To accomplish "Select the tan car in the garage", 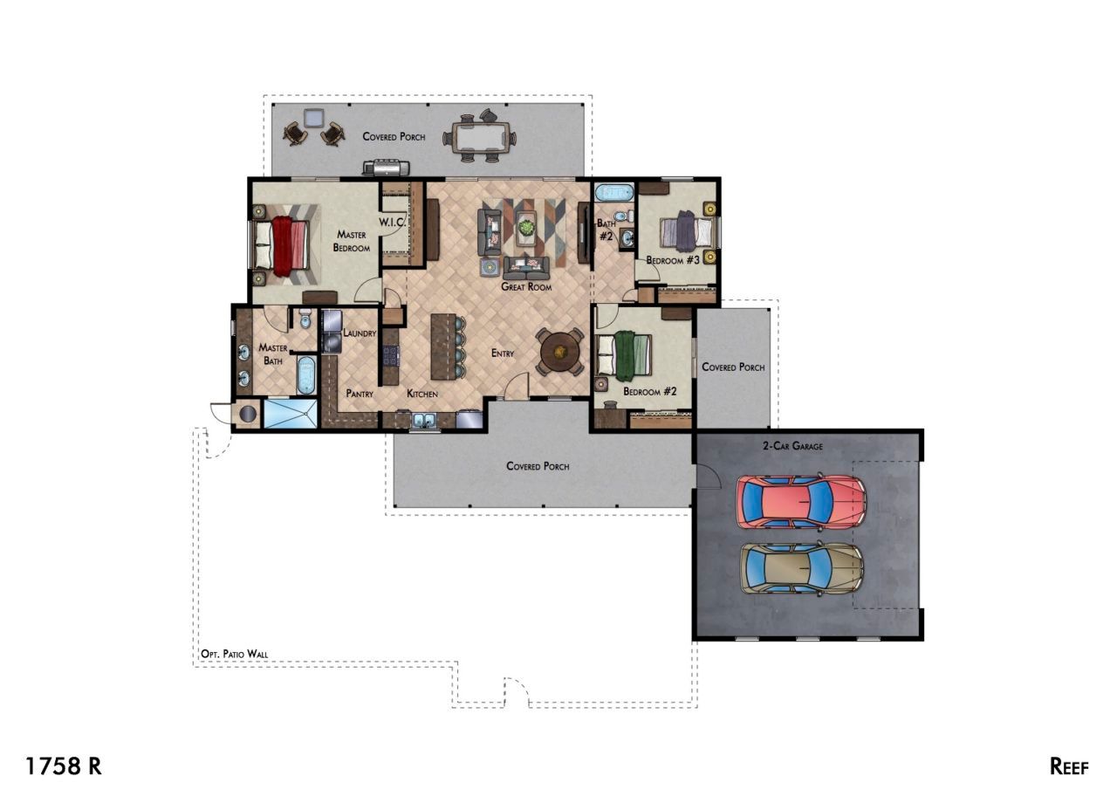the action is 801,569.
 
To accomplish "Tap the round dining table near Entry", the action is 560,352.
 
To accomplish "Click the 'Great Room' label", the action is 526,287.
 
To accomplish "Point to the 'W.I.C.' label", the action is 392,223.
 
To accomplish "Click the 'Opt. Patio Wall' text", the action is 234,654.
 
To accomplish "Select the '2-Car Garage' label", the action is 793,446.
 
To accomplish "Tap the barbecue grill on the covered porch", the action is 386,168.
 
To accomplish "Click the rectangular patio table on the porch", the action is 479,136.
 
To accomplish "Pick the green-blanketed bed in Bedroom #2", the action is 625,354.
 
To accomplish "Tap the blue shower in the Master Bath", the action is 290,414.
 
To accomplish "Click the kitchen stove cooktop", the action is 391,356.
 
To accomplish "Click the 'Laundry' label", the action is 360,333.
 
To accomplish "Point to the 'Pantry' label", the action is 360,394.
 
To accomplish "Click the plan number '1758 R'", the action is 64,766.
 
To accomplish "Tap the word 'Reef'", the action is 1069,766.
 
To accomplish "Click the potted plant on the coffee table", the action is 526,228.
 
